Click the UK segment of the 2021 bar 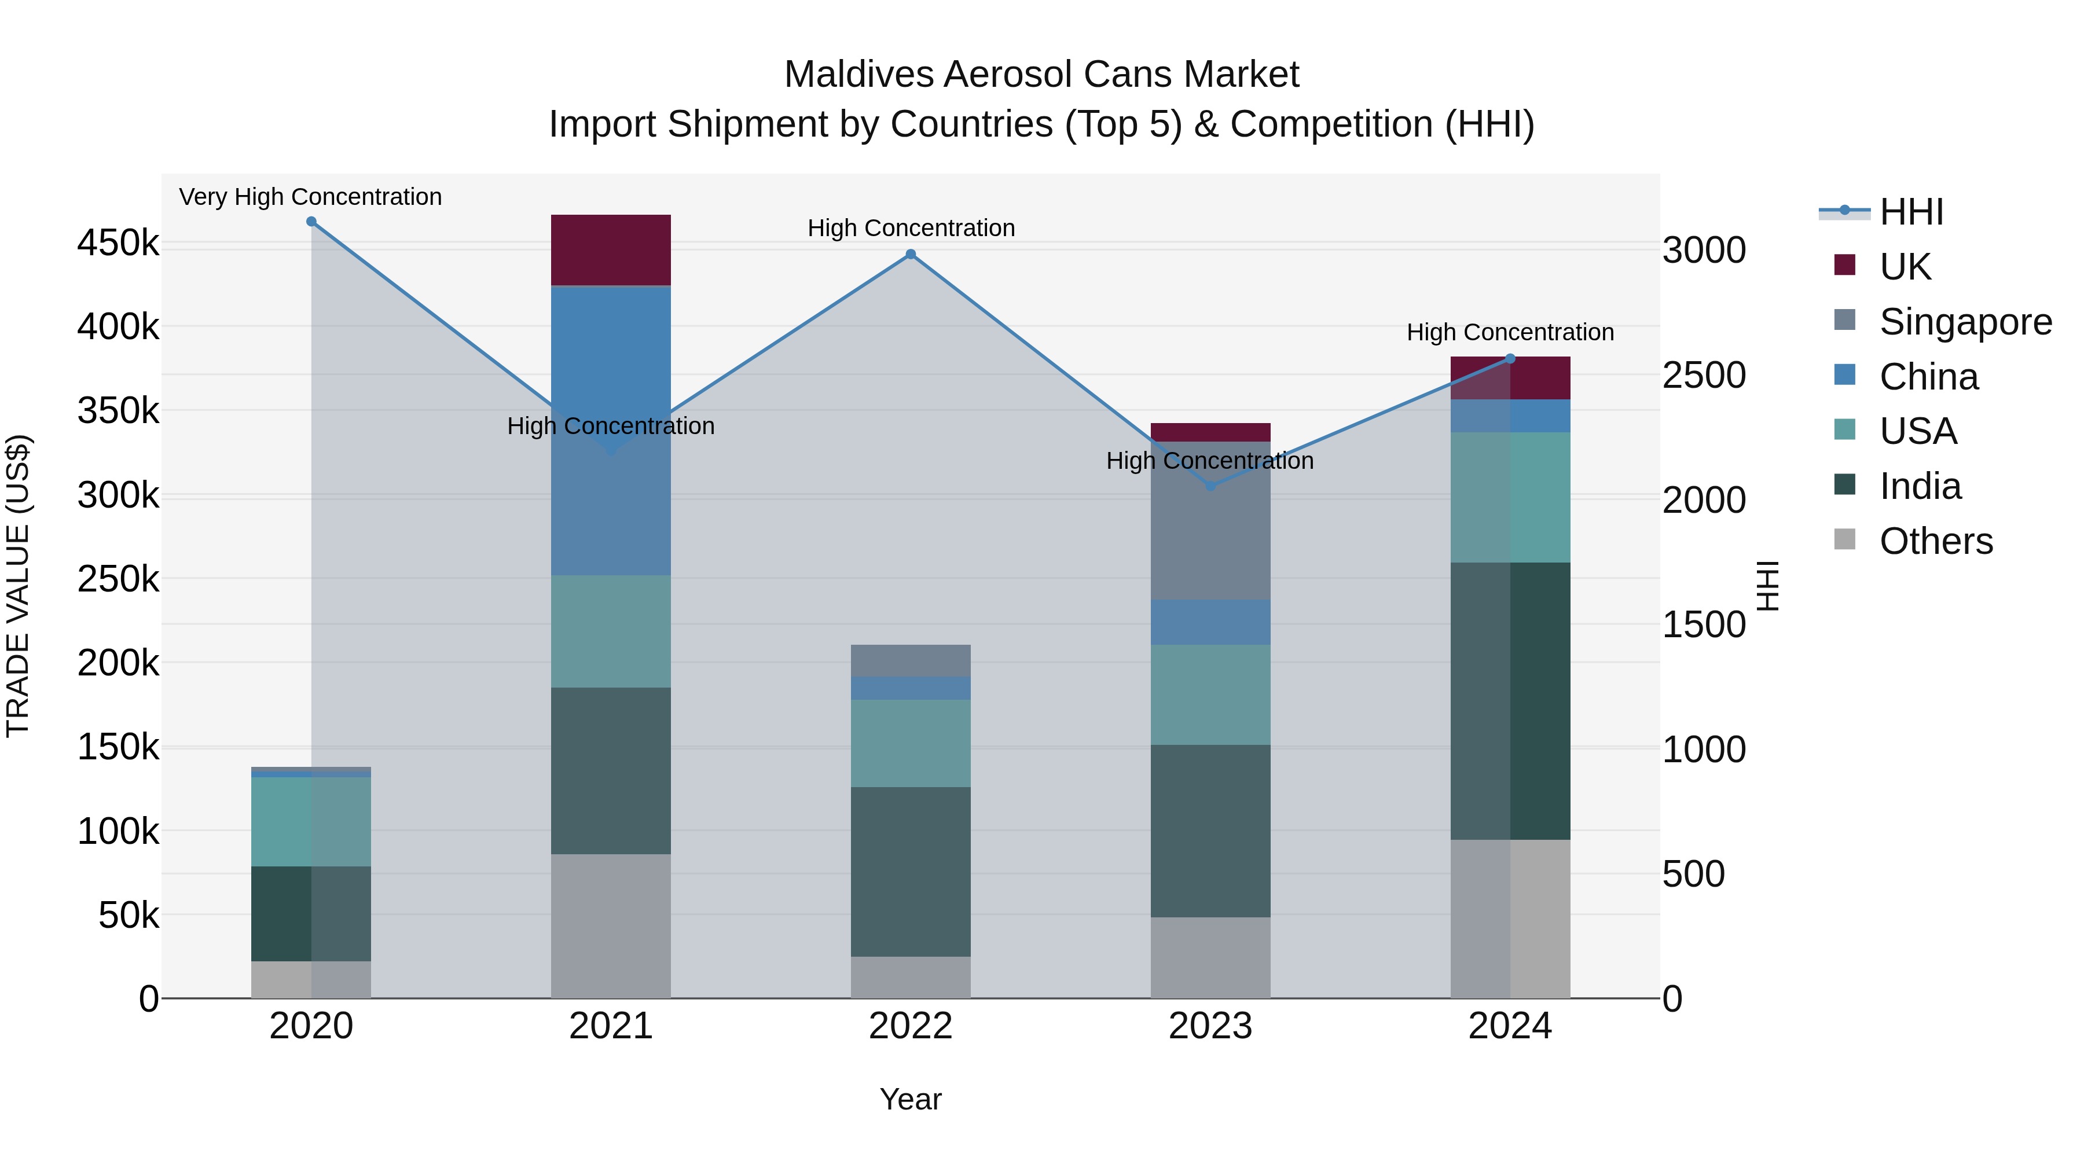click(x=611, y=250)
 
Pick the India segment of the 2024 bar click(x=1510, y=700)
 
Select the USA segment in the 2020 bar click(x=311, y=822)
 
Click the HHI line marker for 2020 click(x=311, y=222)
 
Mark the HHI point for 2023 click(x=1210, y=486)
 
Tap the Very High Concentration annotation click(x=311, y=197)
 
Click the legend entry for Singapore click(x=1965, y=322)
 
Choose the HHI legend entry click(x=1911, y=212)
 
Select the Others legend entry click(x=1935, y=541)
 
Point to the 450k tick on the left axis click(x=118, y=243)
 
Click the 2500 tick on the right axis click(x=1704, y=375)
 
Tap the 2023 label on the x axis click(x=1210, y=1026)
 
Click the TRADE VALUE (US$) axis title click(x=19, y=586)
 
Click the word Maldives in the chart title click(x=858, y=75)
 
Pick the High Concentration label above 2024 click(x=1510, y=332)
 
